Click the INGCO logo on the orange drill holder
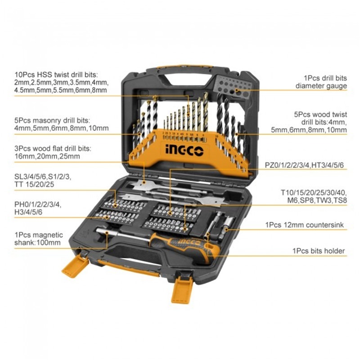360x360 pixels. pyautogui.click(x=184, y=150)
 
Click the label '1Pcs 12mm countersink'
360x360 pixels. pyautogui.click(x=305, y=225)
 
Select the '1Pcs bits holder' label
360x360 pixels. pyautogui.click(x=319, y=251)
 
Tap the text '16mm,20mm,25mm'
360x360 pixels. pyautogui.click(x=47, y=156)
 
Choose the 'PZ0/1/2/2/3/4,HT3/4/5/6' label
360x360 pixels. pyautogui.click(x=304, y=165)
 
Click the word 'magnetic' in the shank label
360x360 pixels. pyautogui.click(x=48, y=235)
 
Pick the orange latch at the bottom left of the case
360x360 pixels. pyautogui.click(x=75, y=265)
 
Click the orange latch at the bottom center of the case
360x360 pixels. pyautogui.click(x=181, y=289)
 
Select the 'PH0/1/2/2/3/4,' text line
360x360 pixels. pyautogui.click(x=38, y=204)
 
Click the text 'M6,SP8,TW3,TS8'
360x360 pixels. pyautogui.click(x=317, y=200)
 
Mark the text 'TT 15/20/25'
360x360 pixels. pyautogui.click(x=34, y=184)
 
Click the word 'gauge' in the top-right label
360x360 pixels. pyautogui.click(x=335, y=86)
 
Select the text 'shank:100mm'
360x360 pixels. pyautogui.click(x=37, y=243)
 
